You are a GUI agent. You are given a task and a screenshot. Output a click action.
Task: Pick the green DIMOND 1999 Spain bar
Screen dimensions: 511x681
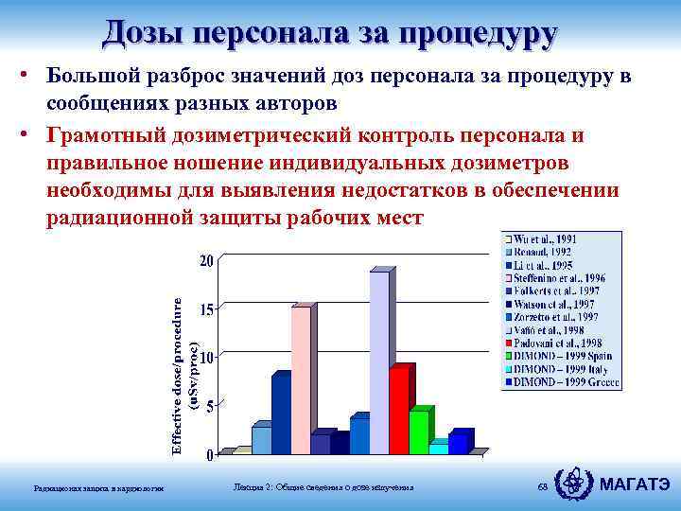click(x=419, y=432)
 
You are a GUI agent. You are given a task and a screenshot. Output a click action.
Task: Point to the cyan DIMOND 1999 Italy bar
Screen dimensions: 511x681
click(x=439, y=449)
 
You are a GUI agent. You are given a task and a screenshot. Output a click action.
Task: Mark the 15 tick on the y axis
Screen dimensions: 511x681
click(x=204, y=309)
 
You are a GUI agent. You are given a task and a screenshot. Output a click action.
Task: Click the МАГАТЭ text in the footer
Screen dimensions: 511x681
click(x=637, y=485)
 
